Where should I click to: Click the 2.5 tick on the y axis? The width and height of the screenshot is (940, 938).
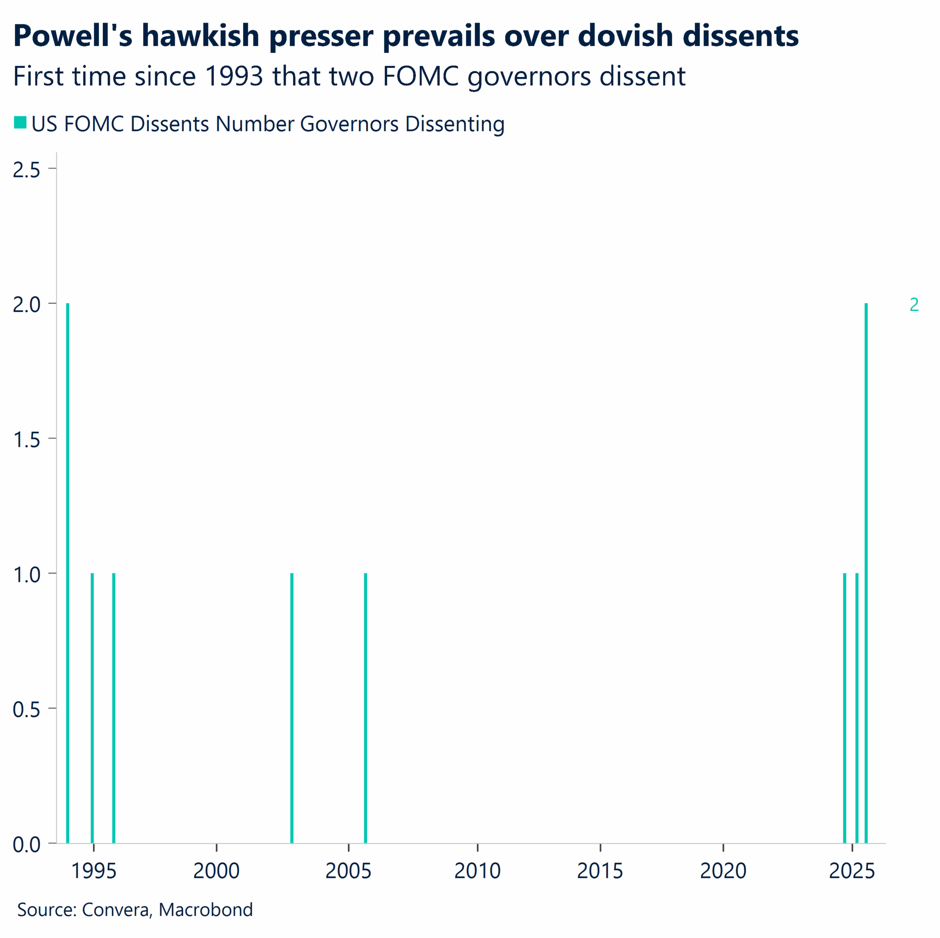coord(27,170)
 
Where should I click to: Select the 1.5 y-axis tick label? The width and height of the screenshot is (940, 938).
coord(27,440)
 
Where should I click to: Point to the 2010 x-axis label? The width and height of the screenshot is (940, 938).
coord(477,871)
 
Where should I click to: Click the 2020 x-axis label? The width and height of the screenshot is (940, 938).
coord(723,871)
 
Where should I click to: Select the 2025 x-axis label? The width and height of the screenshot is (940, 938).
coord(852,871)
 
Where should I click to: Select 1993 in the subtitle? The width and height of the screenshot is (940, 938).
coord(234,76)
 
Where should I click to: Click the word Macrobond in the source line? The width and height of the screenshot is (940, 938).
coord(205,909)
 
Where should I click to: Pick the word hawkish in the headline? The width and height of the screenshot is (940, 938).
coord(200,36)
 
